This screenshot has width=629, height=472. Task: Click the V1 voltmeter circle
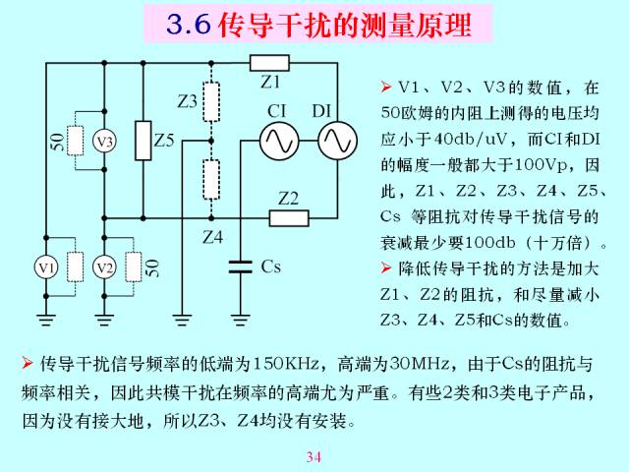(x=46, y=267)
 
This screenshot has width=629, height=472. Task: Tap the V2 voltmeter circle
(x=104, y=267)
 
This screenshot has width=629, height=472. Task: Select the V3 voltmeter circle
(x=104, y=141)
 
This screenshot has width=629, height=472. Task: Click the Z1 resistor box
(x=269, y=63)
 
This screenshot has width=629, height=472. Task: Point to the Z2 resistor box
(x=289, y=218)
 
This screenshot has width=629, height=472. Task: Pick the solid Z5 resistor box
(x=143, y=141)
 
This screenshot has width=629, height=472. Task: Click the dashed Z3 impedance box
(x=211, y=102)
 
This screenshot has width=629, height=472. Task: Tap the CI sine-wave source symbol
(x=279, y=141)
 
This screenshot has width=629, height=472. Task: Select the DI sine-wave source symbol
(x=337, y=141)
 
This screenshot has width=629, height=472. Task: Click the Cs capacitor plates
(x=240, y=266)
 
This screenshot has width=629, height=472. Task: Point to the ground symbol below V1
(x=46, y=320)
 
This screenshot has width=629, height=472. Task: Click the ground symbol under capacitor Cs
(x=240, y=320)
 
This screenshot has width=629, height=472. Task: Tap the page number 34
(x=314, y=456)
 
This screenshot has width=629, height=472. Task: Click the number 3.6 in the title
(x=189, y=24)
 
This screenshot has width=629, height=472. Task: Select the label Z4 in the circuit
(x=212, y=237)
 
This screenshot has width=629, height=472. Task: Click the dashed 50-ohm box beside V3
(x=75, y=141)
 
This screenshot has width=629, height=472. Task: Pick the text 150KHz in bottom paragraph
(x=286, y=364)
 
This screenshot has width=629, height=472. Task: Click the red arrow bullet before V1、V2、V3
(x=386, y=87)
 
